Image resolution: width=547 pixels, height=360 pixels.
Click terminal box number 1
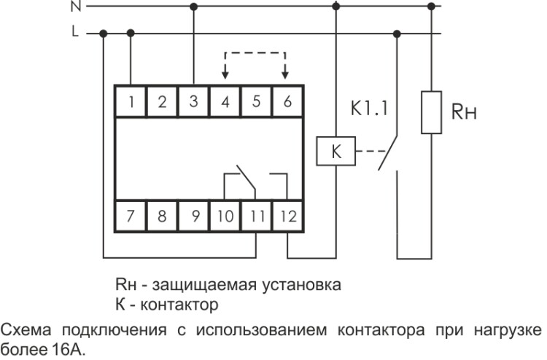pos(131,102)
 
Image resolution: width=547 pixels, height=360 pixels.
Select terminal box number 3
pos(193,102)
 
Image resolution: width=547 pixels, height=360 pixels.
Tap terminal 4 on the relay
pos(225,102)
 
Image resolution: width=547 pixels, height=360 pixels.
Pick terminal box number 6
pos(287,102)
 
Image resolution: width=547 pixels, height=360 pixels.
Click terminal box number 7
pos(131,216)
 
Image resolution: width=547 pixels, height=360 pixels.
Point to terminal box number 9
pos(193,216)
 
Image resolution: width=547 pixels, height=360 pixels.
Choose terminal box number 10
pos(225,216)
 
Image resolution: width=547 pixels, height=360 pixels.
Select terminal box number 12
pos(287,216)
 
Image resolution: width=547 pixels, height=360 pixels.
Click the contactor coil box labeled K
pos(335,152)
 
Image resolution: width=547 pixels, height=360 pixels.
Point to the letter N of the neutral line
pos(76,7)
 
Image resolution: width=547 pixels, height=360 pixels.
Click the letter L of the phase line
pos(76,33)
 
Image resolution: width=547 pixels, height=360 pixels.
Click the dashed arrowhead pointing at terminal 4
pos(225,75)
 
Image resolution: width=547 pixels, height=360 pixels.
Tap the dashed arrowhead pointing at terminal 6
pos(287,75)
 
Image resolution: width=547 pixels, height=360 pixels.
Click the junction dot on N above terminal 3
pos(193,7)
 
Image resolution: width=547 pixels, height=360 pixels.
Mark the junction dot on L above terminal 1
pos(131,33)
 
